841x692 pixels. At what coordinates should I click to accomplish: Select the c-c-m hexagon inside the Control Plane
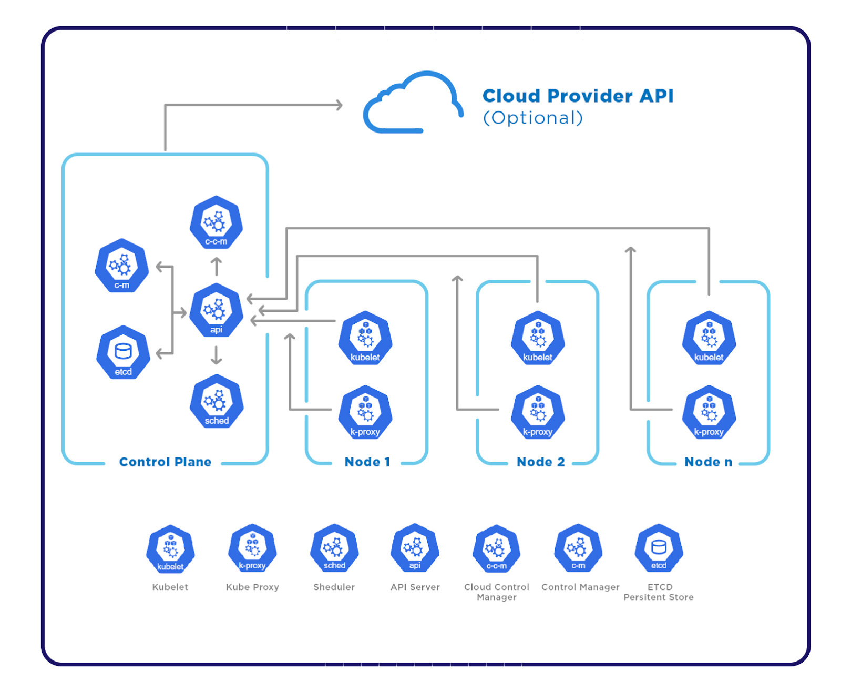pos(216,223)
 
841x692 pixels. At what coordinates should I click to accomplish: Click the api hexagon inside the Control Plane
pos(216,311)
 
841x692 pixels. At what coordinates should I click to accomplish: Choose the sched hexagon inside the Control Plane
pos(216,402)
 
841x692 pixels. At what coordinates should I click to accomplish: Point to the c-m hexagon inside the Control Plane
pos(121,266)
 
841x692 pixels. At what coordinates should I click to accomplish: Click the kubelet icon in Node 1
pos(365,338)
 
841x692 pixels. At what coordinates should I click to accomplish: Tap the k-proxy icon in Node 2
pos(537,413)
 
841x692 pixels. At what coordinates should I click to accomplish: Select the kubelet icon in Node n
pos(709,338)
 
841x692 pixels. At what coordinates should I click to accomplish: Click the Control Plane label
pos(165,462)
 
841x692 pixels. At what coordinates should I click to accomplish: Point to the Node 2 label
pos(540,462)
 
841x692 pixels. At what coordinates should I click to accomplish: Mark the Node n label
pos(708,462)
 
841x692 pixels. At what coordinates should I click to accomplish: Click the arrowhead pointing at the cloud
pos(340,105)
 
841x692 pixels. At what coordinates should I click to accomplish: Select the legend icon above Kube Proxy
pos(252,548)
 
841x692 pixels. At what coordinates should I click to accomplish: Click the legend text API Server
pos(415,587)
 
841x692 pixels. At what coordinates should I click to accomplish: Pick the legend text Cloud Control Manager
pos(496,592)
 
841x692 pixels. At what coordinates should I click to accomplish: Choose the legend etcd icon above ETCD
pos(659,548)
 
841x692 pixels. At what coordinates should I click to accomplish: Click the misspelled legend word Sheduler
pos(334,587)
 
